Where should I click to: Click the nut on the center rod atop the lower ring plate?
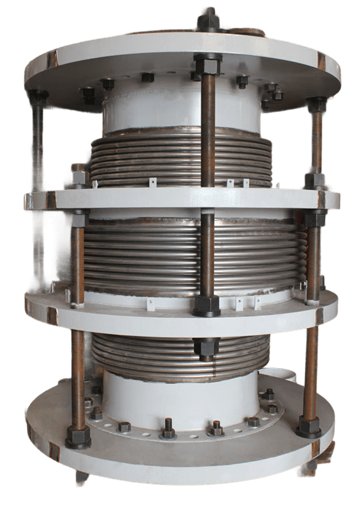pos(206,305)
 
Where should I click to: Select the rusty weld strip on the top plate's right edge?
pos(321,61)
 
